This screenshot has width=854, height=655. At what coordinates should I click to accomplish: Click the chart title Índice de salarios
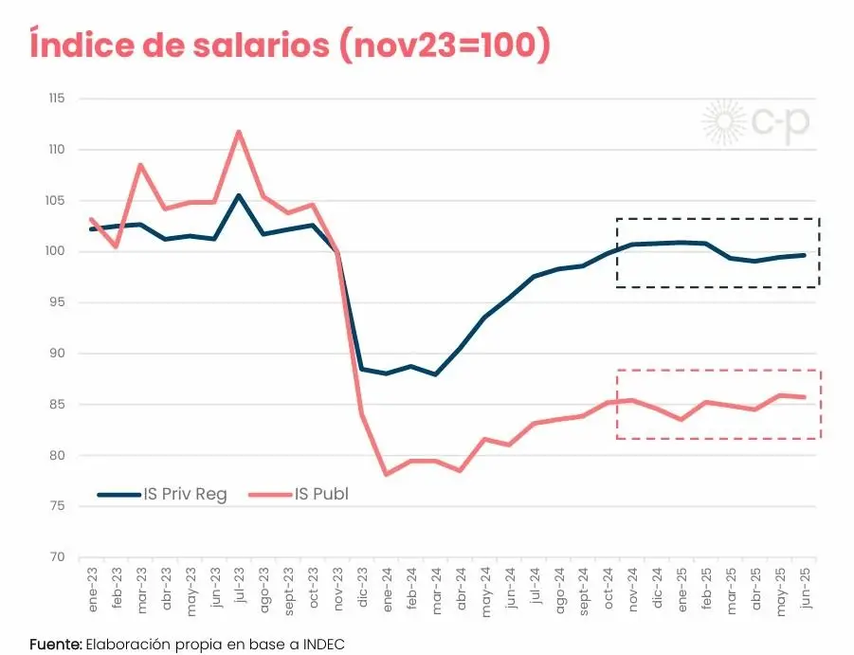289,45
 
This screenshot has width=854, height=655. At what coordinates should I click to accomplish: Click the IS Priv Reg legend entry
162,494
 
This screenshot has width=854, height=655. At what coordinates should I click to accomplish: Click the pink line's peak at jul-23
239,132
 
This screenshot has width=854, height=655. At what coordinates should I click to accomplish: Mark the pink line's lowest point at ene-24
387,474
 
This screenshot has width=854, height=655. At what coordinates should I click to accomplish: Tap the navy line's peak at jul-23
239,195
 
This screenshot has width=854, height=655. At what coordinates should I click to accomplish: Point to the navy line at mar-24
436,374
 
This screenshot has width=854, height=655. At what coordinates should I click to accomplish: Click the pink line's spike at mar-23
140,165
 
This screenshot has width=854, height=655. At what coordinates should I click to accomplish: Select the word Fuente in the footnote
55,645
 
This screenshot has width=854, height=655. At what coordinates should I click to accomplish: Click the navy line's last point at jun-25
805,255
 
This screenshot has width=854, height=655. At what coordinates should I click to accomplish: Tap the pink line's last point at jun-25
805,397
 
